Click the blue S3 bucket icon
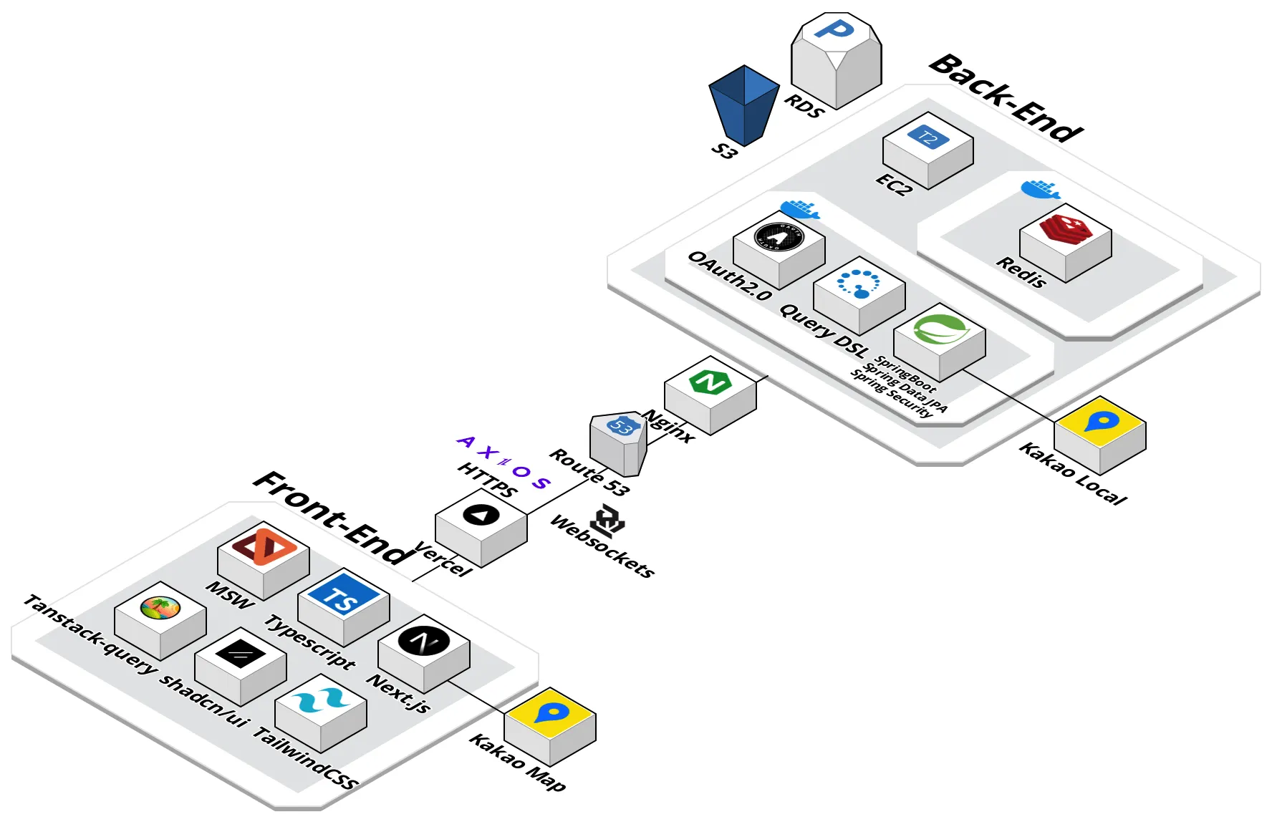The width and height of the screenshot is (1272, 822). pyautogui.click(x=744, y=105)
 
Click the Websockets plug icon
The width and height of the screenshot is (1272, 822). pyautogui.click(x=609, y=521)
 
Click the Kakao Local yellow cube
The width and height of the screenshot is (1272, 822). pyautogui.click(x=1099, y=432)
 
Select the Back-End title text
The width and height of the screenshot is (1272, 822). pyautogui.click(x=1006, y=98)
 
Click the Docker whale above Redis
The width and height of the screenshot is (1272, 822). pyautogui.click(x=1040, y=189)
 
